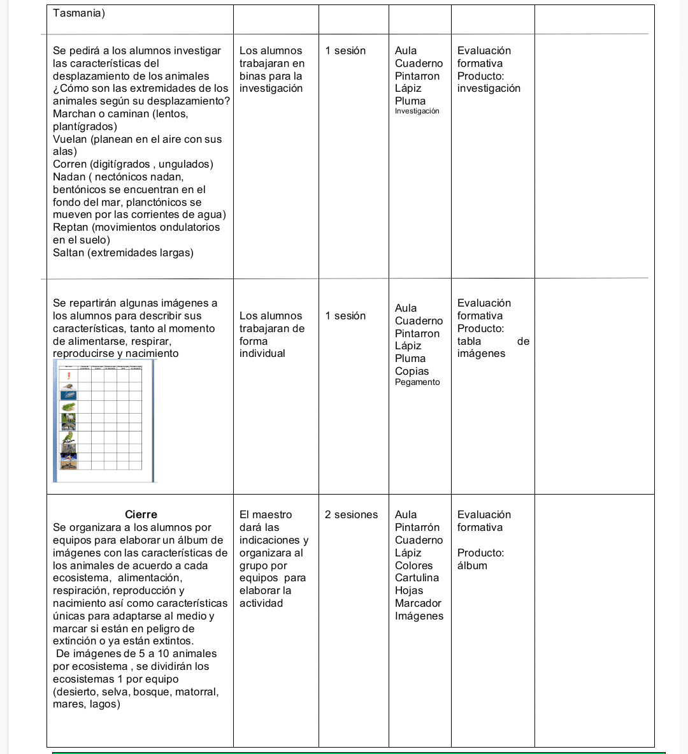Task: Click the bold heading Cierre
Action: pyautogui.click(x=141, y=514)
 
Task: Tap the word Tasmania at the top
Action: pyautogui.click(x=77, y=13)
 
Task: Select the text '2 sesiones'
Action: pyautogui.click(x=351, y=514)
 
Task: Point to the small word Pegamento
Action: pyautogui.click(x=417, y=382)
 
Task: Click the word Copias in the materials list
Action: pyautogui.click(x=412, y=371)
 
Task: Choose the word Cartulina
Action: pyautogui.click(x=417, y=577)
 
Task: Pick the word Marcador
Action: pyautogui.click(x=418, y=603)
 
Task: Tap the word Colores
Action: pyautogui.click(x=413, y=565)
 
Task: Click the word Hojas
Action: pyautogui.click(x=409, y=590)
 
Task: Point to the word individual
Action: pyautogui.click(x=262, y=353)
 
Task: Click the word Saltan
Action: pyautogui.click(x=69, y=252)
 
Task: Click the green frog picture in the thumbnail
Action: pyautogui.click(x=68, y=407)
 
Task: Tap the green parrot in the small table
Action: pyautogui.click(x=68, y=438)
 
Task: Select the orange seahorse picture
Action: pyautogui.click(x=68, y=376)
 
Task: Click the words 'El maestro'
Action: pyautogui.click(x=266, y=514)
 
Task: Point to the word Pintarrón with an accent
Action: pyautogui.click(x=417, y=527)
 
